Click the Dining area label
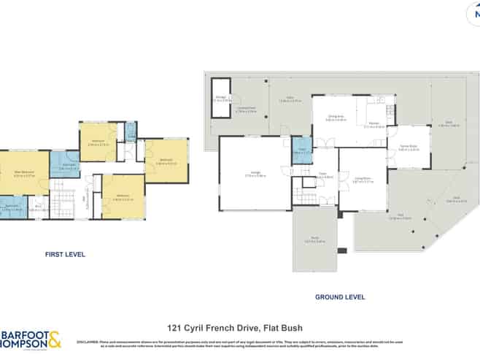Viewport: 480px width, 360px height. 335,118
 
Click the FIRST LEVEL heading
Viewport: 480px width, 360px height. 65,255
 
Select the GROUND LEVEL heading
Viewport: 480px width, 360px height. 339,297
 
